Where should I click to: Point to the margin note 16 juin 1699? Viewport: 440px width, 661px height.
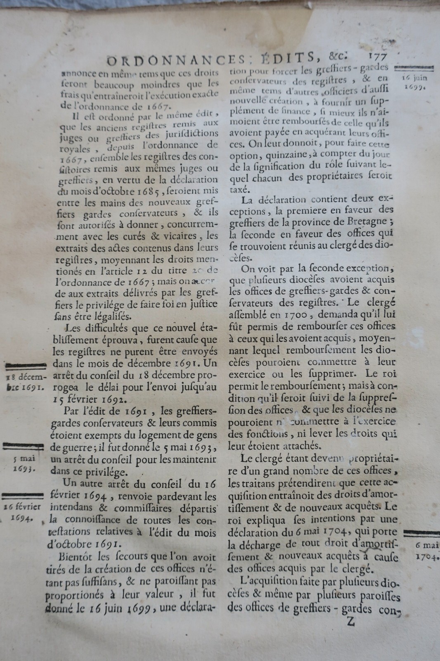(x=416, y=82)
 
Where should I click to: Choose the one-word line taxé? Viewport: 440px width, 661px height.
(x=238, y=190)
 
